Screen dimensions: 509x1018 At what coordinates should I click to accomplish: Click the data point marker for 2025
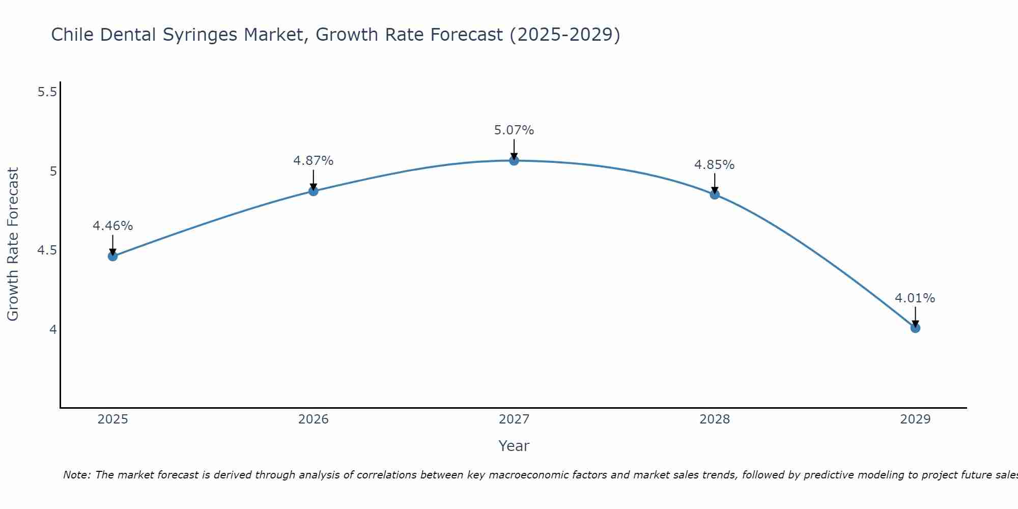(x=112, y=256)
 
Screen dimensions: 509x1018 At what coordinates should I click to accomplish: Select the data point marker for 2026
(x=314, y=191)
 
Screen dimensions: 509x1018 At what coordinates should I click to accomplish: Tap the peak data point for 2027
(x=514, y=161)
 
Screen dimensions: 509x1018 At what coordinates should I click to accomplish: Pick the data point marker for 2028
(x=715, y=194)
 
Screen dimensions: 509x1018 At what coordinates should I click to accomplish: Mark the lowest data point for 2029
(x=915, y=328)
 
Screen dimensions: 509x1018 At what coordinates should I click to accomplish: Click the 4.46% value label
(x=112, y=226)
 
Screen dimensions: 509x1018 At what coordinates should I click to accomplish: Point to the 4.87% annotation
(x=314, y=161)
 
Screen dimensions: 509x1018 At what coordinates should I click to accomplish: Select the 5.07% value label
(x=514, y=130)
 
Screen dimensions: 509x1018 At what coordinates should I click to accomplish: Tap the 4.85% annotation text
(x=715, y=165)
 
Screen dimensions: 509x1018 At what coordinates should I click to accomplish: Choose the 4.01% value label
(x=915, y=298)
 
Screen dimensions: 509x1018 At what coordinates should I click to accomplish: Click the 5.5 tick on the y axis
(x=47, y=92)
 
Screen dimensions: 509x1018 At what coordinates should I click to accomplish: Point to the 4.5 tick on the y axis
(x=47, y=250)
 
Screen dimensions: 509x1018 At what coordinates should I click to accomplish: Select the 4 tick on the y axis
(x=53, y=330)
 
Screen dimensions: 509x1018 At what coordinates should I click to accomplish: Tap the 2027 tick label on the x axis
(x=514, y=419)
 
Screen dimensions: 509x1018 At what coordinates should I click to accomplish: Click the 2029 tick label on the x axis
(x=915, y=419)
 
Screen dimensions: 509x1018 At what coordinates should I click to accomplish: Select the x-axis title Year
(x=514, y=446)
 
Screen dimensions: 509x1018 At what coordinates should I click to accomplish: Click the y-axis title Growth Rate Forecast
(x=13, y=244)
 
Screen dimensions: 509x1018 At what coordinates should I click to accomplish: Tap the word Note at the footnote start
(x=76, y=475)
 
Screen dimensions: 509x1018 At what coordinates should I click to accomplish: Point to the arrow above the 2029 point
(x=915, y=317)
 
